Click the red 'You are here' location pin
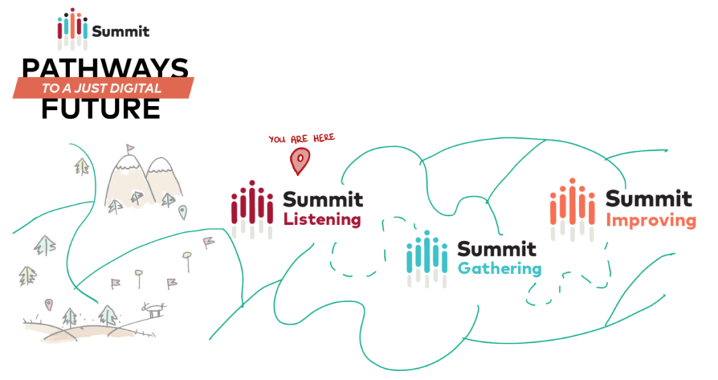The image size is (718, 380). pyautogui.click(x=299, y=161)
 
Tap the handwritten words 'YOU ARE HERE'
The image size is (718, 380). pyautogui.click(x=302, y=139)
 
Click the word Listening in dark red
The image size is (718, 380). pyautogui.click(x=322, y=219)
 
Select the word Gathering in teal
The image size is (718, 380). pyautogui.click(x=499, y=269)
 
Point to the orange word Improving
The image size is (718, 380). pyautogui.click(x=651, y=221)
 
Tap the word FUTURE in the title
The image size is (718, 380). pyautogui.click(x=101, y=109)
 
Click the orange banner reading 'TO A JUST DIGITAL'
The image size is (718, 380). pyautogui.click(x=103, y=88)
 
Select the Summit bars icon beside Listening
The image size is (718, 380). pyautogui.click(x=252, y=210)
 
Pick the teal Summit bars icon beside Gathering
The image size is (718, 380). pyautogui.click(x=427, y=259)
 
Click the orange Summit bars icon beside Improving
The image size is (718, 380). pyautogui.click(x=572, y=210)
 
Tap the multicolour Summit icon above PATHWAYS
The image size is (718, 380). pyautogui.click(x=72, y=28)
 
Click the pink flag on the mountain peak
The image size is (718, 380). pyautogui.click(x=130, y=149)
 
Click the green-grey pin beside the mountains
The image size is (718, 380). pyautogui.click(x=183, y=212)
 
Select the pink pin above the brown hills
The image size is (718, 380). pyautogui.click(x=48, y=304)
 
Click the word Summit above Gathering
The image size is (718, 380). pyautogui.click(x=497, y=249)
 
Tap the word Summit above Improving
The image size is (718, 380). pyautogui.click(x=649, y=198)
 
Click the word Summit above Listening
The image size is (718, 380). pyautogui.click(x=323, y=200)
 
